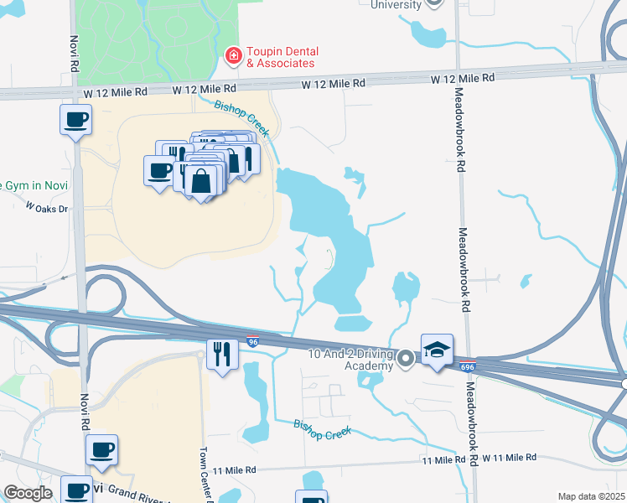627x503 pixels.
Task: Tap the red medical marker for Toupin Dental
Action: click(x=233, y=56)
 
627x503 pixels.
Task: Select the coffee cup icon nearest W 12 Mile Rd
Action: click(x=75, y=119)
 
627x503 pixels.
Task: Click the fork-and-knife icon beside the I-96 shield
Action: click(x=222, y=353)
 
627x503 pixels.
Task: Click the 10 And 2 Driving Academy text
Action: click(x=350, y=360)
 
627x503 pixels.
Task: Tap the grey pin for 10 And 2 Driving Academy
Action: click(x=407, y=359)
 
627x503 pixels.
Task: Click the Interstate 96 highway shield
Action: click(x=252, y=342)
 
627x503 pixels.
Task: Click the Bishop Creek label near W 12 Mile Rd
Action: click(x=241, y=118)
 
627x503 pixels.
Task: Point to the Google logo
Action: click(x=28, y=493)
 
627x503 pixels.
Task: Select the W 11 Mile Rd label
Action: click(x=508, y=458)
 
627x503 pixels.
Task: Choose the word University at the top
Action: click(x=396, y=5)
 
